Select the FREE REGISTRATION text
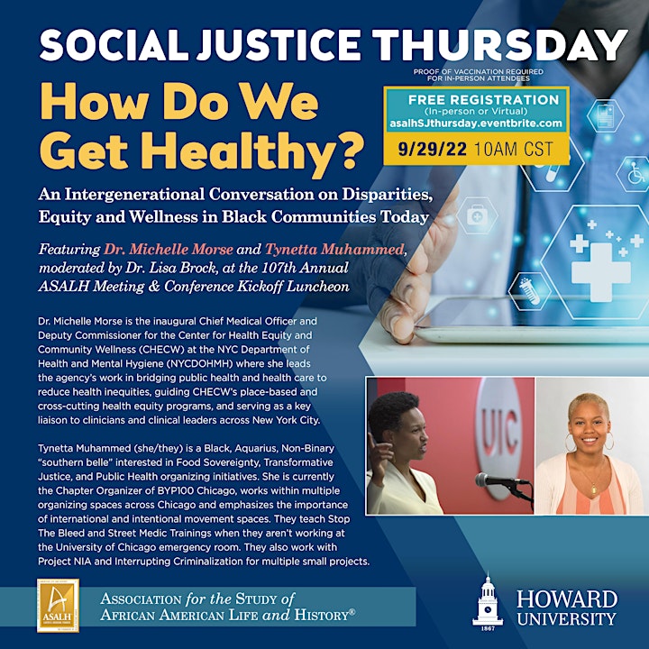(483, 100)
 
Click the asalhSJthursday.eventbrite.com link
(476, 123)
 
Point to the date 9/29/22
(433, 149)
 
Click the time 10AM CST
(513, 149)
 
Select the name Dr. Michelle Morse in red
(169, 249)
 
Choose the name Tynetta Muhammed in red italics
(334, 249)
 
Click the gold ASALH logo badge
(58, 605)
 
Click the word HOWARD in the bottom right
(567, 599)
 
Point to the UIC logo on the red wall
(499, 433)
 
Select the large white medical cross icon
(601, 271)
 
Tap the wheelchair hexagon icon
(635, 174)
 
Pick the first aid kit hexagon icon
(477, 215)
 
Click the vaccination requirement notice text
(478, 75)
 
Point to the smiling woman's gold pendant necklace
(593, 488)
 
